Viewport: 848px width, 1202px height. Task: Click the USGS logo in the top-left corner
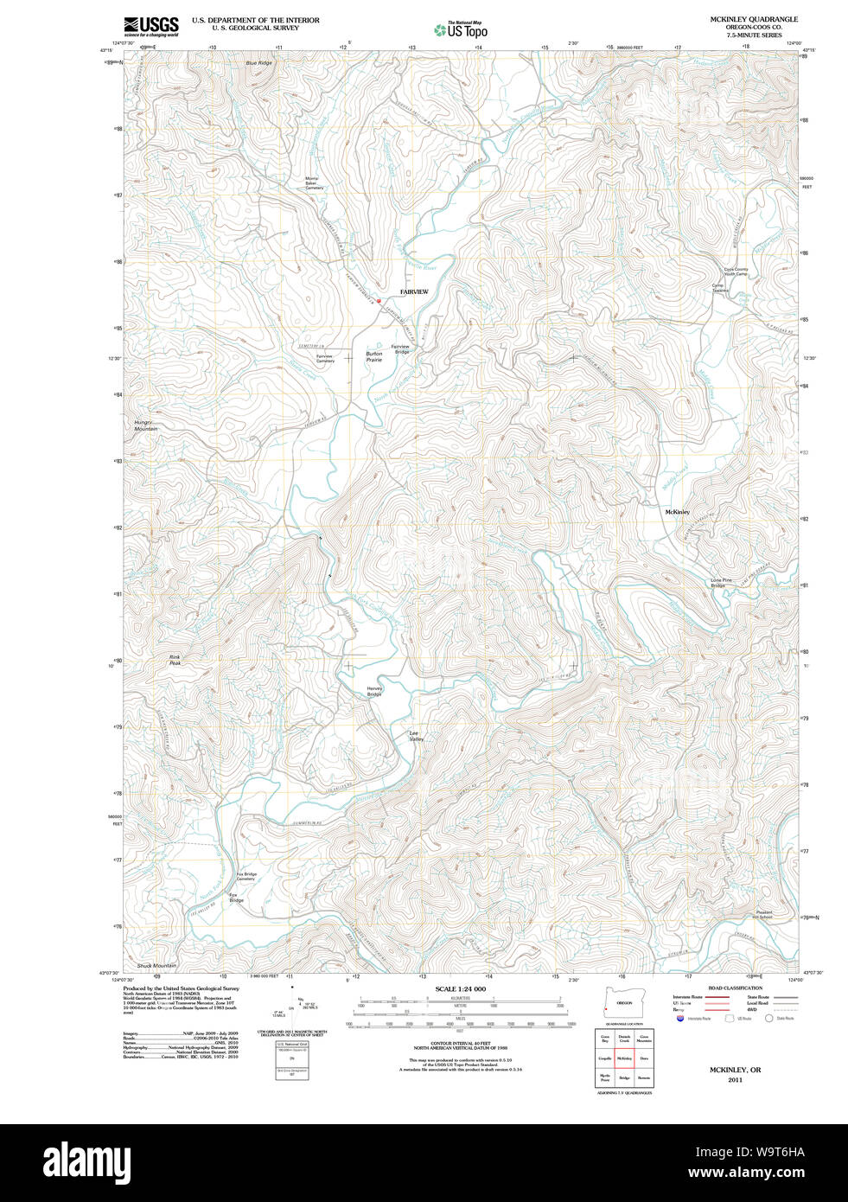pos(151,26)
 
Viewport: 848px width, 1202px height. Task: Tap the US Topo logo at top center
pos(461,30)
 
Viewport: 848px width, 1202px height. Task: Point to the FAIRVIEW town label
pos(414,292)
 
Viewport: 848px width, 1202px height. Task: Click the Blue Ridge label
pos(258,63)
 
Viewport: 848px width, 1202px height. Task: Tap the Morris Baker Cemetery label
pos(313,183)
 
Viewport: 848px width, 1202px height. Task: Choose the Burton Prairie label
pos(374,356)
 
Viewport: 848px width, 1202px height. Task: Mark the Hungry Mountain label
pos(145,425)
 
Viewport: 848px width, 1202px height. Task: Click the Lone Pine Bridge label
pos(721,583)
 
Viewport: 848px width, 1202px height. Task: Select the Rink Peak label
pos(175,660)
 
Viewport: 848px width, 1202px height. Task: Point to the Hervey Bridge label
pos(374,692)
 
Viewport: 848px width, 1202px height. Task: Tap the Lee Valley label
pos(416,736)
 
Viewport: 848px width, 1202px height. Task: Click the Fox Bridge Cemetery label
pos(245,876)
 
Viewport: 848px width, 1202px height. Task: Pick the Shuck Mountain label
pos(156,966)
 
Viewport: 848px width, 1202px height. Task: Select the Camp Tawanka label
pos(720,288)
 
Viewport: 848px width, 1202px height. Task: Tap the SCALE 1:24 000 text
pos(460,989)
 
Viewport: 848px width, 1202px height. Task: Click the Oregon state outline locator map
pos(623,1003)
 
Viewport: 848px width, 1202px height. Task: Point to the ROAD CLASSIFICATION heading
pos(735,988)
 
